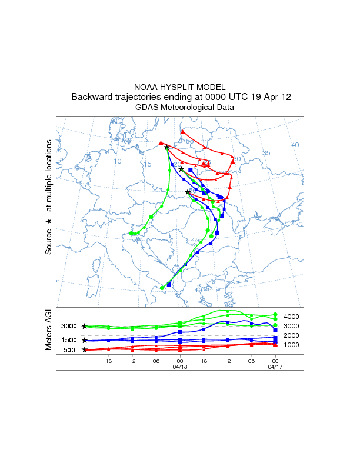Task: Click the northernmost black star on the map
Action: tap(166, 147)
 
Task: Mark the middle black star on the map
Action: tap(181, 169)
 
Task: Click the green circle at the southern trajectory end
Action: tap(162, 288)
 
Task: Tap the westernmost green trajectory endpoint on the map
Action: tap(131, 234)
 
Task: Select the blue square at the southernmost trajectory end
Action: tap(169, 285)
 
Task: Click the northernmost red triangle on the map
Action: tap(182, 131)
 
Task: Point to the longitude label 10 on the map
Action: tap(118, 161)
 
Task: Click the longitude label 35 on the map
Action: tap(266, 153)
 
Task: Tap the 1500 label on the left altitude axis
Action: tap(69, 340)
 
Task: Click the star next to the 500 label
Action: tap(85, 350)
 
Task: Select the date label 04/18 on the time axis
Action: tap(179, 366)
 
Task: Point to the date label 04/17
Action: tap(275, 366)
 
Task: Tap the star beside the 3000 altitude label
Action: tap(85, 326)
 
